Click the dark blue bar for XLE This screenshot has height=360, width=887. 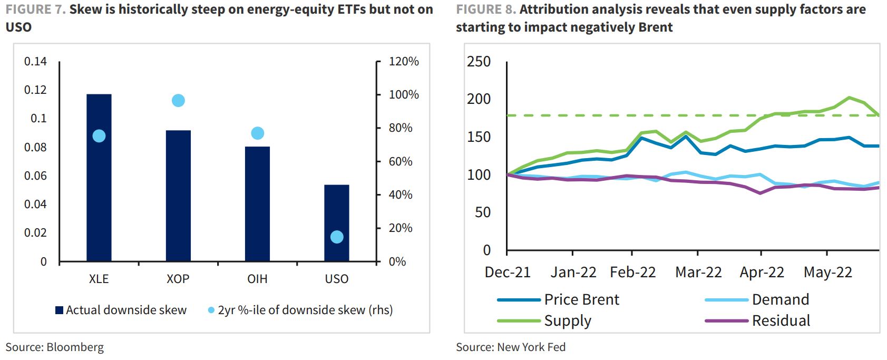click(99, 179)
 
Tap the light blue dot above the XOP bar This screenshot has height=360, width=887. click(178, 101)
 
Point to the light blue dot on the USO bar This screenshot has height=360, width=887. click(337, 237)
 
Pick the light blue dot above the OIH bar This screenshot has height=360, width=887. click(257, 133)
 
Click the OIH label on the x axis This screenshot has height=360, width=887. click(257, 279)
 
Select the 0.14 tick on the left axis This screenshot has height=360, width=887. click(35, 61)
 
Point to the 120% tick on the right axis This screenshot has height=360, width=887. click(404, 62)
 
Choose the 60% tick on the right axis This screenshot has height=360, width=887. click(401, 161)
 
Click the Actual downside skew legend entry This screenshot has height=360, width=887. click(121, 310)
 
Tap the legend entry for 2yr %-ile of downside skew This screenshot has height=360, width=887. click(300, 310)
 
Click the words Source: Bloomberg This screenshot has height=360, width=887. click(55, 347)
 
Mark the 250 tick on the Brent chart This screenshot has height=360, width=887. click(479, 62)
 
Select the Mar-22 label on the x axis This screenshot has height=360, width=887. click(698, 273)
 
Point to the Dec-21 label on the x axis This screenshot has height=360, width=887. click(508, 273)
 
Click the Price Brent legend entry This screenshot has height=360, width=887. click(559, 299)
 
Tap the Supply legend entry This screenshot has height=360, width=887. click(545, 320)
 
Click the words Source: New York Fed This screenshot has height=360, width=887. click(511, 347)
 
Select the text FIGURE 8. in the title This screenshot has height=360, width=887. click(485, 9)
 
